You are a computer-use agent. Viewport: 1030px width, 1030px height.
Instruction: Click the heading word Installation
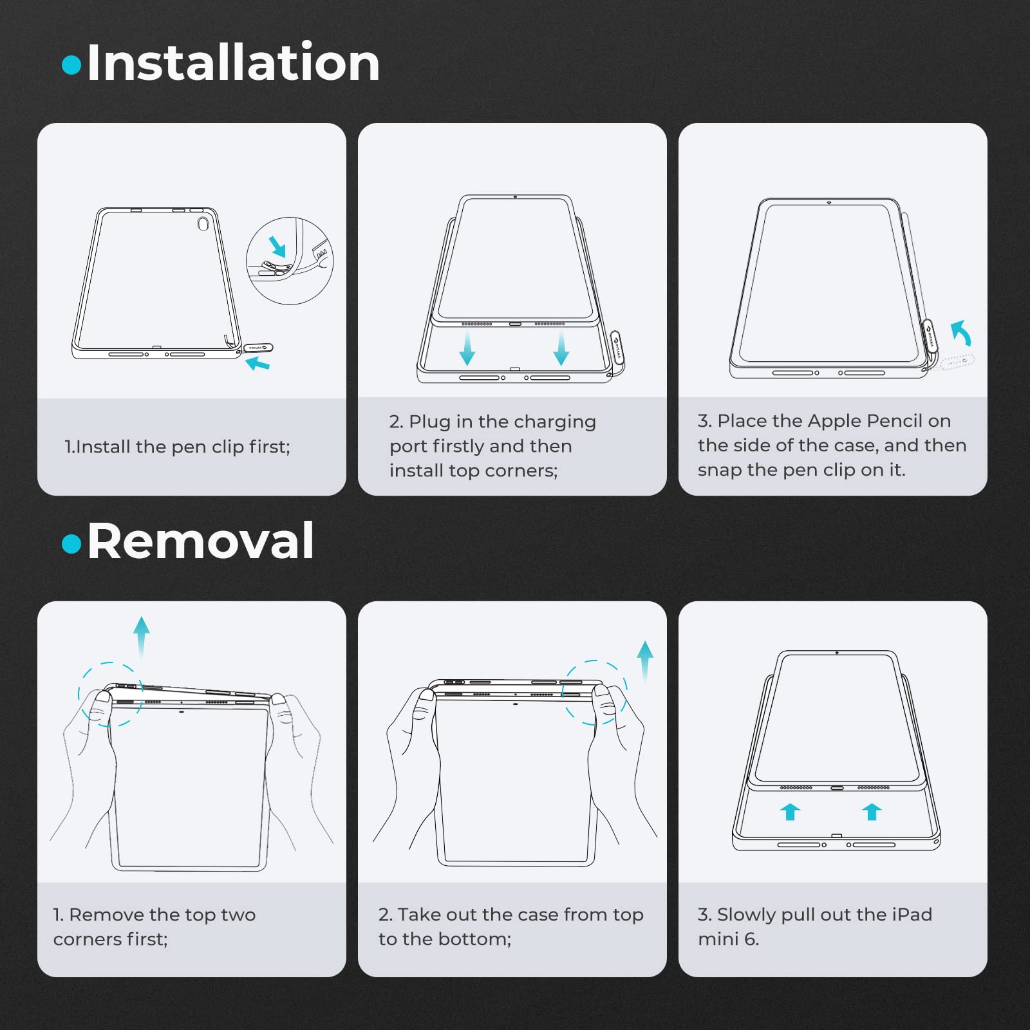pos(233,62)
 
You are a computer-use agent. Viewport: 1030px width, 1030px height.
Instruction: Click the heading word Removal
pos(200,541)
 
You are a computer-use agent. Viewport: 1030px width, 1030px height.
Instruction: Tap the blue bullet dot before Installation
pos(71,65)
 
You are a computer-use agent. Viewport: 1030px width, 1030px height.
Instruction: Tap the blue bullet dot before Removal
pos(71,544)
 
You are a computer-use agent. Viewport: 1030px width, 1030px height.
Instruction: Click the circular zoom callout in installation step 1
pos(290,218)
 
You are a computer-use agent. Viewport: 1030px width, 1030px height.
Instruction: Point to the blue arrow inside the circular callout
pos(277,246)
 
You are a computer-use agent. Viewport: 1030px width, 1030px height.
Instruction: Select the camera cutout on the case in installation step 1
pos(203,224)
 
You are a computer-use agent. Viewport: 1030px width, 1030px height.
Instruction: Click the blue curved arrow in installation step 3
pos(960,333)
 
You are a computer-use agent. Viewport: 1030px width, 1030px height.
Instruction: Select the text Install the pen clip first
pos(182,446)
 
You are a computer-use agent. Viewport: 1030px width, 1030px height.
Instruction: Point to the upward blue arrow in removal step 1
pos(142,637)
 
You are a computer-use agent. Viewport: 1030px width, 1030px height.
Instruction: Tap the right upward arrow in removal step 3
pos(872,812)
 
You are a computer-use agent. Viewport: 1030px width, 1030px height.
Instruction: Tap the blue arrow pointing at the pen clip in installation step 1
pos(258,364)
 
